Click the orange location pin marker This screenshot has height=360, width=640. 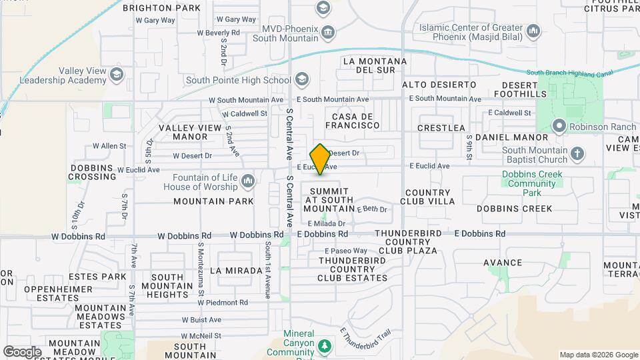point(320,159)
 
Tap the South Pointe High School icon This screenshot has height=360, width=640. point(302,80)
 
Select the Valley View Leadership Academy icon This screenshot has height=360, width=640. point(117,73)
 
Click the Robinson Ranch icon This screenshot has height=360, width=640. point(559,125)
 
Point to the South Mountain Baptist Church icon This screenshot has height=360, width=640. point(577,155)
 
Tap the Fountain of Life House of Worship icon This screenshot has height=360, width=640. point(248,181)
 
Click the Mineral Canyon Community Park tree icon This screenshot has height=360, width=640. point(325,346)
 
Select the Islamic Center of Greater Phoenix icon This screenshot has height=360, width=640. point(533,31)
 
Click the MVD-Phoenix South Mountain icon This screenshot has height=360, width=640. point(327,32)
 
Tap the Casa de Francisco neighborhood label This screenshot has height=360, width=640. point(352,121)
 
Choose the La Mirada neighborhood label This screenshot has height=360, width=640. point(236,271)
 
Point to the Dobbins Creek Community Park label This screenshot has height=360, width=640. point(531,183)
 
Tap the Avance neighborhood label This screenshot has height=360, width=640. point(503,263)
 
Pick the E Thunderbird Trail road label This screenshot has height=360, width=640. point(365,339)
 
